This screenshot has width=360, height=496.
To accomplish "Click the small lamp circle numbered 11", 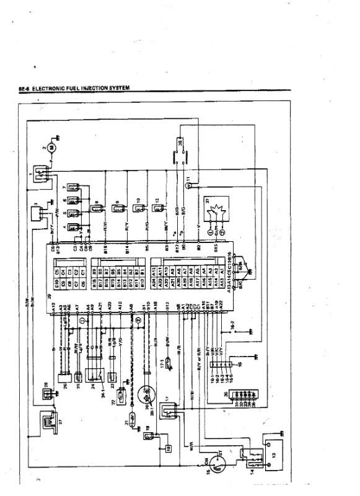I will click(x=191, y=184).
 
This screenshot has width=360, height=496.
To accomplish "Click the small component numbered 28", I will click(x=46, y=391).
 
